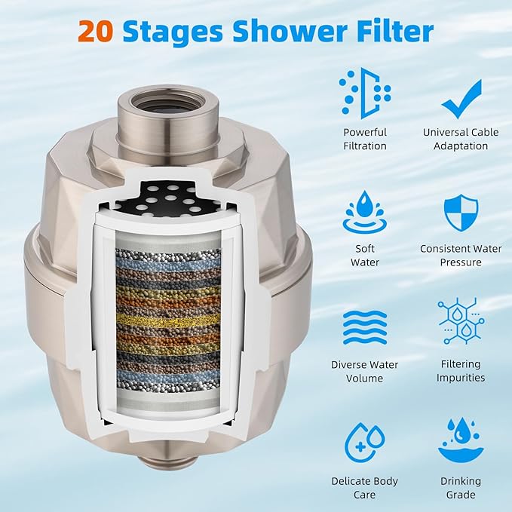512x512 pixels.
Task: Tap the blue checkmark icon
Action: click(x=461, y=100)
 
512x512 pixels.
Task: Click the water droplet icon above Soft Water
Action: click(x=364, y=212)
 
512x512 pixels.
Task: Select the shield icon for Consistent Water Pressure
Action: click(x=461, y=212)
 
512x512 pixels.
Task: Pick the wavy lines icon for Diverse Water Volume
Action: click(x=364, y=327)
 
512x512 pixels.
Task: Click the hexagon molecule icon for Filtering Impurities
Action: click(x=461, y=322)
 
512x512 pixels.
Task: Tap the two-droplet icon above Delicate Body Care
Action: click(x=364, y=443)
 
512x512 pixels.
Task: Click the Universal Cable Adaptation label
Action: click(x=461, y=139)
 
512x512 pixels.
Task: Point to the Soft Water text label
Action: click(x=364, y=256)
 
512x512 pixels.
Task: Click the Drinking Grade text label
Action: click(x=461, y=487)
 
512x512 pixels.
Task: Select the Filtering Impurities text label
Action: click(x=461, y=371)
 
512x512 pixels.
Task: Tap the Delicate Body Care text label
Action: click(x=364, y=487)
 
